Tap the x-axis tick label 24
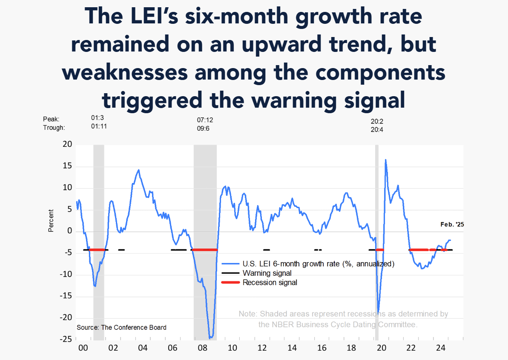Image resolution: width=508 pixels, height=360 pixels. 441,348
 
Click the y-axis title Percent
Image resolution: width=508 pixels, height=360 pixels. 51,220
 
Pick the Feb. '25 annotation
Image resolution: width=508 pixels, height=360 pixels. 451,225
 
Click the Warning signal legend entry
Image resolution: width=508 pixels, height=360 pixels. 267,273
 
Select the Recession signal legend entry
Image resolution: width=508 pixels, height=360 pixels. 270,282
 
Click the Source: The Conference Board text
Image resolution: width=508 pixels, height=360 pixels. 121,327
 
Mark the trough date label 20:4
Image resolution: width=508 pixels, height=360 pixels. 377,130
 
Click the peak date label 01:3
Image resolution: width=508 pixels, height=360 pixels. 98,119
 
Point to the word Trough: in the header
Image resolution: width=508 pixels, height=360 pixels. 54,127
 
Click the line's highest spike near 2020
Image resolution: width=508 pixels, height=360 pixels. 385,160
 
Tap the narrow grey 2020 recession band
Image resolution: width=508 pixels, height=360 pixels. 377,243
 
